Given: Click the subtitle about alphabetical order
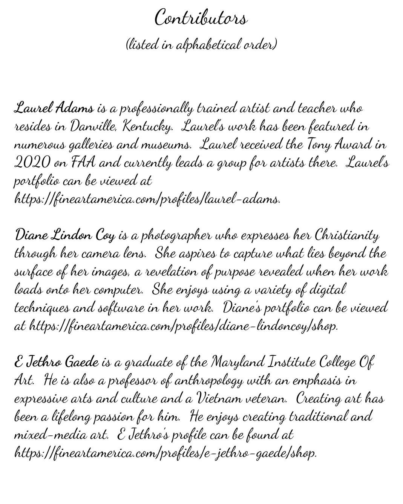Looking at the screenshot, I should [x=201, y=45].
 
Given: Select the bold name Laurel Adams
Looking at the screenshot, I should [x=54, y=108].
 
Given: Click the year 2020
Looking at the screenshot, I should [x=32, y=163].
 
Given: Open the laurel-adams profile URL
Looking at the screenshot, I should [x=147, y=199].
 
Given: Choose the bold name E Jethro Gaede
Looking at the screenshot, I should [x=57, y=363].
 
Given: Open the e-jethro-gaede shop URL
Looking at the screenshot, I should [x=165, y=453].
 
